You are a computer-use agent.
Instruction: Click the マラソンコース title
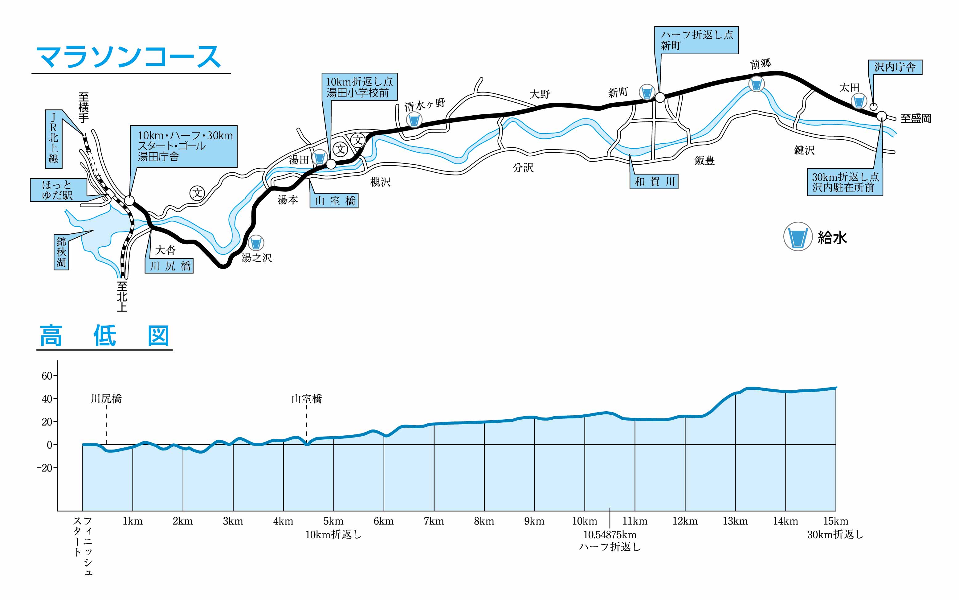(129, 57)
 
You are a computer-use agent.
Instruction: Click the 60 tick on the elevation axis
(47, 376)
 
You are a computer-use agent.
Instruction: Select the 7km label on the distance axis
(434, 521)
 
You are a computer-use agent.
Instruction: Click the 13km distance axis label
(735, 521)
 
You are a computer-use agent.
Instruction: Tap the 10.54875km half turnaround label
(610, 535)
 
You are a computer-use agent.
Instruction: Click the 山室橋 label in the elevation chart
(307, 399)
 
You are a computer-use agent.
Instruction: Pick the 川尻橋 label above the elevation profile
(106, 399)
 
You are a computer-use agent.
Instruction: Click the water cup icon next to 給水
(797, 236)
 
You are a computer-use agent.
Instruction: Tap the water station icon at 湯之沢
(256, 242)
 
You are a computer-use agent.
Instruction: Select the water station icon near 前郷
(756, 84)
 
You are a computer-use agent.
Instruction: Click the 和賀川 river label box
(654, 182)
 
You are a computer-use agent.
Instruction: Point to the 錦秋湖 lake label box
(61, 252)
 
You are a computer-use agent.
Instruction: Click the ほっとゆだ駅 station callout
(58, 190)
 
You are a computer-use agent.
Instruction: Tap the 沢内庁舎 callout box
(895, 67)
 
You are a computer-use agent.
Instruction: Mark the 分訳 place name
(523, 168)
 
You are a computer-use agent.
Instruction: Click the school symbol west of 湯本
(197, 193)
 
